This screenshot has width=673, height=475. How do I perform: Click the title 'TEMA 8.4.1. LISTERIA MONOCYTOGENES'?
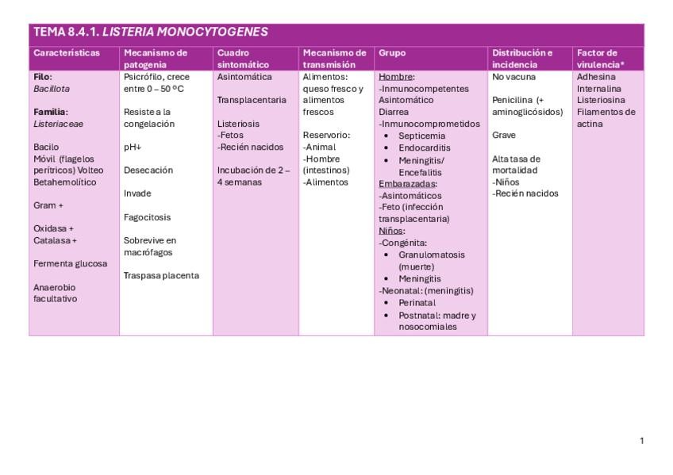(151, 33)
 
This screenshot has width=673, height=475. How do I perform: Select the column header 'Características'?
(67, 53)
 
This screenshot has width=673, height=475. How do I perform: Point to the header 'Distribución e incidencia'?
(522, 59)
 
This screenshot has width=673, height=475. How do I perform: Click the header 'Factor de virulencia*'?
(602, 59)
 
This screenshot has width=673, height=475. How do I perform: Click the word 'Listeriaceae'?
(58, 124)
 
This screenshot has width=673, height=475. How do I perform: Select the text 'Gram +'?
(48, 205)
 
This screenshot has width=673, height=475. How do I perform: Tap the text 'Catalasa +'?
(55, 240)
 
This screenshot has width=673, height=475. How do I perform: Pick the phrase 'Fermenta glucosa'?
(70, 263)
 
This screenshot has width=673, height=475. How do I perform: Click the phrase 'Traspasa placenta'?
(161, 275)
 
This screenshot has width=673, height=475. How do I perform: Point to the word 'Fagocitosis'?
(147, 217)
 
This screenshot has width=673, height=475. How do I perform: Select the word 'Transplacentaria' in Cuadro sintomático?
(252, 100)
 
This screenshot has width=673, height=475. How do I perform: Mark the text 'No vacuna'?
(513, 77)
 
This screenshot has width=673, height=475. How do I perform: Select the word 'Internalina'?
(599, 89)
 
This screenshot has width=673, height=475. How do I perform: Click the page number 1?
(641, 440)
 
